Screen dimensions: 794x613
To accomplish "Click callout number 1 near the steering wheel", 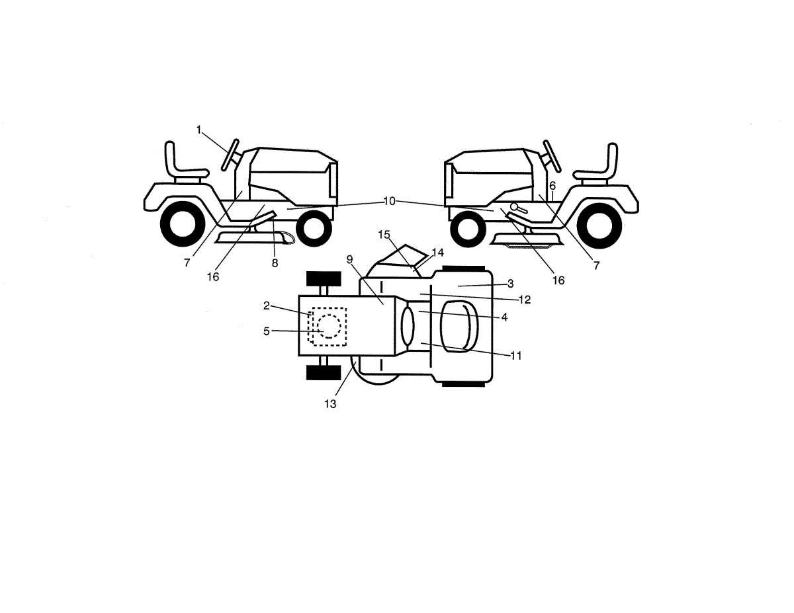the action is [x=198, y=130].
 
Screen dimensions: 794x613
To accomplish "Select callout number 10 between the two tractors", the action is [x=389, y=201].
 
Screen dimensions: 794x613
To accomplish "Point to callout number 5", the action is [x=267, y=331].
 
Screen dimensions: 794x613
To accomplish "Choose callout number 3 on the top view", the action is [x=510, y=284].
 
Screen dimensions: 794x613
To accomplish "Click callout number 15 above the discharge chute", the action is [x=384, y=234].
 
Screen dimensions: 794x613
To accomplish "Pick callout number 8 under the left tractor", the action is [x=275, y=263].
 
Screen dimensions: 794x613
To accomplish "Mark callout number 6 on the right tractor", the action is [x=552, y=186].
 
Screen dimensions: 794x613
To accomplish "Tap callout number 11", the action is [x=516, y=355].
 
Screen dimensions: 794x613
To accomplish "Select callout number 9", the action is [x=349, y=259].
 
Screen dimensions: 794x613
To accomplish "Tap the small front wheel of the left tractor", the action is [x=314, y=229].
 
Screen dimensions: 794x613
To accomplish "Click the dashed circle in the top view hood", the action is [x=329, y=326].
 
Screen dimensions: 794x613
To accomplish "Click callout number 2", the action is [x=267, y=306].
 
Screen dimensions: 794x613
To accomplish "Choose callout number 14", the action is [x=437, y=252].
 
